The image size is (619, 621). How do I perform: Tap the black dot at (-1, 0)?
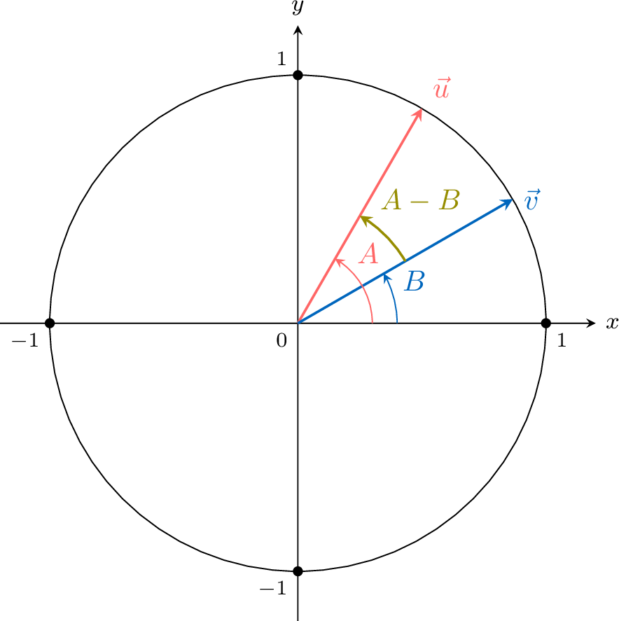pos(50,323)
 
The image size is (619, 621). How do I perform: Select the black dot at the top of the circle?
pos(298,75)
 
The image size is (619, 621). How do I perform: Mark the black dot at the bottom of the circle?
pos(298,571)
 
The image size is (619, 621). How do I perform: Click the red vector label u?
pos(442,90)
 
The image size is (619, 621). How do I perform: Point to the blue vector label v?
pos(532,201)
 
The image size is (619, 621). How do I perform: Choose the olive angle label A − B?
pos(420,201)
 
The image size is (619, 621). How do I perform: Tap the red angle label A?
pos(368,253)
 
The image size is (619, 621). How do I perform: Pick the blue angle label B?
pos(415,282)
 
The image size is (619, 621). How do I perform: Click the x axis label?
pos(612,323)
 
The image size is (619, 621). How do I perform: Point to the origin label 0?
pos(281,341)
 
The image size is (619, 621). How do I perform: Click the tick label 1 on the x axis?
pos(560,341)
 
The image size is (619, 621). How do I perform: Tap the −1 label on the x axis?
pos(24,341)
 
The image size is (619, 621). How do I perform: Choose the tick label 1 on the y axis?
pos(281,60)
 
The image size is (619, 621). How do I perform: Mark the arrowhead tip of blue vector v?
pos(512,200)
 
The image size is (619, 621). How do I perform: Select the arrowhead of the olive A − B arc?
pos(362,218)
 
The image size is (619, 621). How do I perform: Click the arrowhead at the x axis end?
pos(594,323)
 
